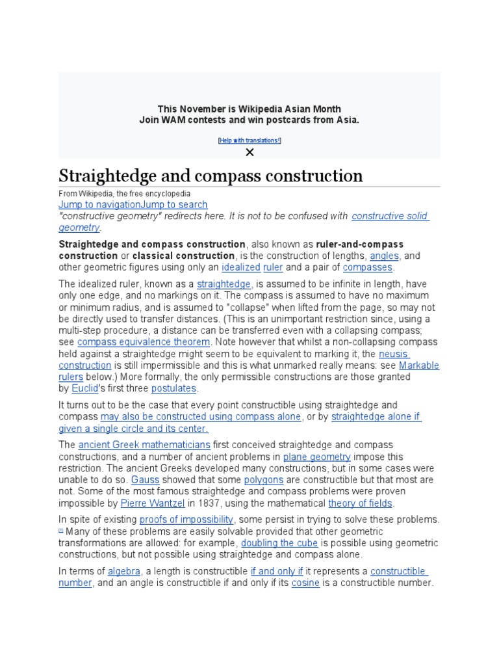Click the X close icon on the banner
pos(249,152)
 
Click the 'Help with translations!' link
pos(249,140)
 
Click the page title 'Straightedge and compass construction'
pos(211,176)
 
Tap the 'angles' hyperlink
pos(384,256)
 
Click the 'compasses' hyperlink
pos(368,267)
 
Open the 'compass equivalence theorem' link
pos(144,342)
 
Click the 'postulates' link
pos(173,388)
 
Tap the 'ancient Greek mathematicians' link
pos(144,445)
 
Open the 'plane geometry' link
pos(308,457)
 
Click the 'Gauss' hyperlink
pos(145,479)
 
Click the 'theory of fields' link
pos(360,503)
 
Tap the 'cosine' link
pos(305,583)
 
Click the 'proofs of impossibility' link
pos(186,520)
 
